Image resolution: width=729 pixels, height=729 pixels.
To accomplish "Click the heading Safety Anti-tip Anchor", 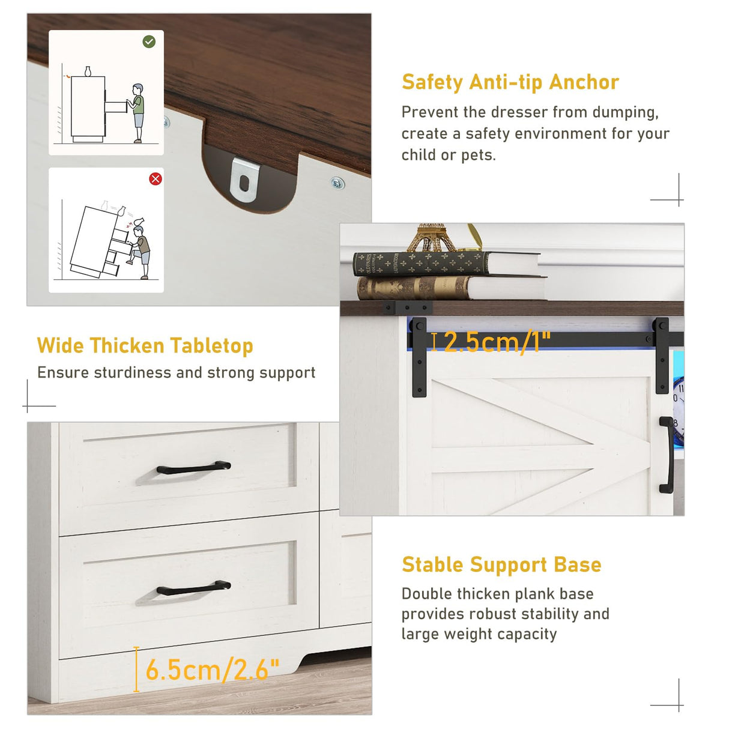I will click(x=510, y=82).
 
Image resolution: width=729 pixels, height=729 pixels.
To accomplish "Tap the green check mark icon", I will click(x=149, y=41).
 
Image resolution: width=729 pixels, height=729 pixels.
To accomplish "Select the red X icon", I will click(x=155, y=178).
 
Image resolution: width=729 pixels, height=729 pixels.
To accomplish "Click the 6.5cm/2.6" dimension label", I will click(x=212, y=670).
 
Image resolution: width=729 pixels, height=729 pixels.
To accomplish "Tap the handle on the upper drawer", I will click(x=193, y=467).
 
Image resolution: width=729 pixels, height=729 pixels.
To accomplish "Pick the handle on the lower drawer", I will click(x=193, y=587).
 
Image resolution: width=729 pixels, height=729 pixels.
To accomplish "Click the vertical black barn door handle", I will click(x=667, y=455).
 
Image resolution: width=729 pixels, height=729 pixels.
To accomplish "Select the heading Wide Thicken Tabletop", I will click(x=145, y=346).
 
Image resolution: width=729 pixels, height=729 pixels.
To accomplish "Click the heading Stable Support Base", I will click(x=501, y=564).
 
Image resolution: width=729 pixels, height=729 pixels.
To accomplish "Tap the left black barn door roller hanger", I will click(x=419, y=356).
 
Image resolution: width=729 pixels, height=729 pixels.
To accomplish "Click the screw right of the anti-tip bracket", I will click(x=337, y=182).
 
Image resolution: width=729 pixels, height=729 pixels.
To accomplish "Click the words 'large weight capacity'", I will click(x=479, y=634).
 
